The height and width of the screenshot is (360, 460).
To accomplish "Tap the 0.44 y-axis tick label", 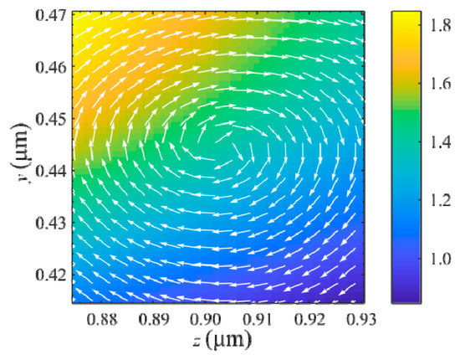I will (51, 170).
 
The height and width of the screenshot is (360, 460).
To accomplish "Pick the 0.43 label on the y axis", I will (51, 222).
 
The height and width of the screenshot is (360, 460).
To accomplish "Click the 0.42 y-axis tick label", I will (51, 274).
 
